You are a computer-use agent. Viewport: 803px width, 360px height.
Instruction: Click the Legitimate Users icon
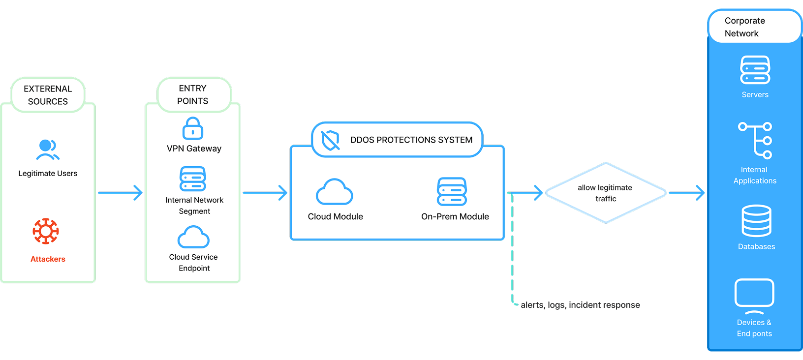pos(48,150)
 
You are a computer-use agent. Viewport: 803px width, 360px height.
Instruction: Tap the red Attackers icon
pos(46,231)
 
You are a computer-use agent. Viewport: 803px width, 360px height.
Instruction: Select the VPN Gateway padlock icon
pos(193,128)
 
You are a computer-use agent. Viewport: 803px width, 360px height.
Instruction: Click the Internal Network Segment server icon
pos(193,179)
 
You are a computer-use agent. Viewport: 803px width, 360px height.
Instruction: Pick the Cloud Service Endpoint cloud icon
pos(193,237)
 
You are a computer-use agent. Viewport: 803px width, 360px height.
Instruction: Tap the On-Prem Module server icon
pos(452,192)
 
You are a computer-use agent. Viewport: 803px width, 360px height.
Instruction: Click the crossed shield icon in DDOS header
pos(330,140)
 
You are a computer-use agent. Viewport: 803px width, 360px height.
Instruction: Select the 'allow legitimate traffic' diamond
pos(606,193)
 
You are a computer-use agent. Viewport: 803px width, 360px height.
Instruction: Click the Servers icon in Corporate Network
pos(755,70)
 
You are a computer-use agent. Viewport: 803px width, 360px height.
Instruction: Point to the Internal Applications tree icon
pos(755,141)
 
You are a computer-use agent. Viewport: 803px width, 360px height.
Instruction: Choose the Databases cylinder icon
pos(756,221)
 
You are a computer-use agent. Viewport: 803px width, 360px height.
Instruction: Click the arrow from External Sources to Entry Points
pos(120,193)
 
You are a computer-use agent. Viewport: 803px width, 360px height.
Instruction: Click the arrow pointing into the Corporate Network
pos(686,193)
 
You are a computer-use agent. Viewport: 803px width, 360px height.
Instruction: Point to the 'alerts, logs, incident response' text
pos(580,305)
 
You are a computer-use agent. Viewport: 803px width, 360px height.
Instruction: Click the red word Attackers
pos(48,259)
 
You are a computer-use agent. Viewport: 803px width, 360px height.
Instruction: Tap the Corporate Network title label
pos(744,27)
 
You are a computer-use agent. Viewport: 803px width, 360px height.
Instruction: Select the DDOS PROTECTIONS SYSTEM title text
pos(411,140)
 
